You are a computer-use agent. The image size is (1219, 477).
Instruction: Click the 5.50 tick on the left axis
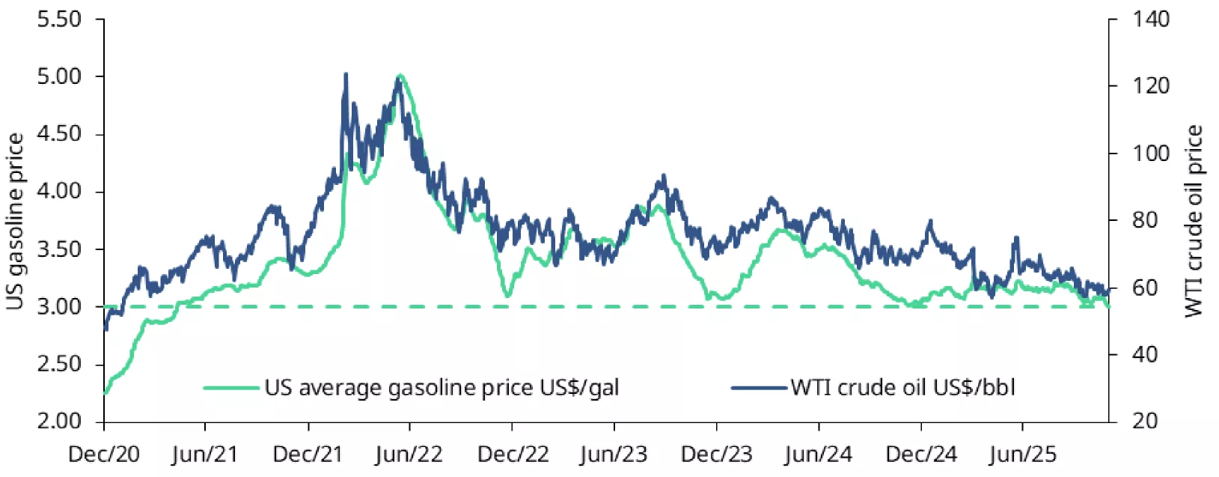pyautogui.click(x=59, y=19)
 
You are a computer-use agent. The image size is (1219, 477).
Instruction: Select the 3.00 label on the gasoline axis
pyautogui.click(x=59, y=306)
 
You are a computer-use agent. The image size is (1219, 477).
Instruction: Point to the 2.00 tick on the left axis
pyautogui.click(x=59, y=421)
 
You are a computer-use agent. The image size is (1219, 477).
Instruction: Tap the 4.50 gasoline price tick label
pyautogui.click(x=59, y=134)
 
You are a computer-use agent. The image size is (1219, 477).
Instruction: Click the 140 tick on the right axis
pyautogui.click(x=1150, y=19)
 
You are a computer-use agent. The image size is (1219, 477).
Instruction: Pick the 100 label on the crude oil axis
pyautogui.click(x=1150, y=154)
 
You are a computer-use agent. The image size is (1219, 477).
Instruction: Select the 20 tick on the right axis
pyautogui.click(x=1145, y=421)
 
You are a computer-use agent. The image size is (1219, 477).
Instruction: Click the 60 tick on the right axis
pyautogui.click(x=1145, y=288)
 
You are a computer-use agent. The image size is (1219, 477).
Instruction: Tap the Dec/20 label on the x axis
pyautogui.click(x=103, y=455)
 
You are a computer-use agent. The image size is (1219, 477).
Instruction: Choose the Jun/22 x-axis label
pyautogui.click(x=409, y=455)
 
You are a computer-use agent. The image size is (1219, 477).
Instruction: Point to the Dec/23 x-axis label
pyautogui.click(x=716, y=455)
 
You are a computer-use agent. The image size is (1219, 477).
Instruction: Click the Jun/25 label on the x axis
pyautogui.click(x=1022, y=455)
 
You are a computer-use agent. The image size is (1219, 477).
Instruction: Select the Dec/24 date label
pyautogui.click(x=920, y=455)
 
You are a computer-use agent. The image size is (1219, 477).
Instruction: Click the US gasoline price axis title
pyautogui.click(x=15, y=221)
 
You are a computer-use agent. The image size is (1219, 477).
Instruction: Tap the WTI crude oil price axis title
pyautogui.click(x=1194, y=221)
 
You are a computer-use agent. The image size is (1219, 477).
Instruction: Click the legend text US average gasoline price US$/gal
pyautogui.click(x=442, y=388)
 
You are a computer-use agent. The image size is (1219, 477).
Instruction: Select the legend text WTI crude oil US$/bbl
pyautogui.click(x=902, y=388)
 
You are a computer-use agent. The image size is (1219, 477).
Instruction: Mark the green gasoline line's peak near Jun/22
pyautogui.click(x=401, y=75)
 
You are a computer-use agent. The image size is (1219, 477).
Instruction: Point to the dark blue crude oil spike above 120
pyautogui.click(x=346, y=74)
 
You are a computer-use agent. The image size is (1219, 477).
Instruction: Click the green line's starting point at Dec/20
pyautogui.click(x=105, y=392)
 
